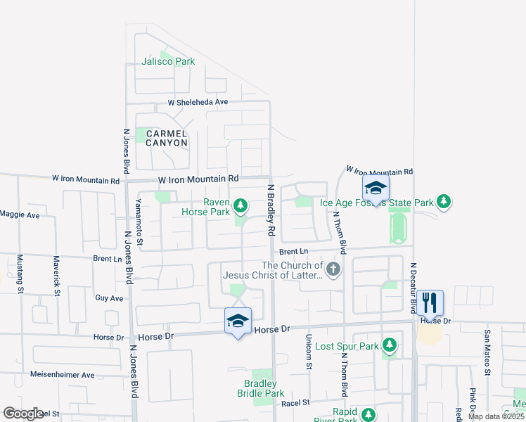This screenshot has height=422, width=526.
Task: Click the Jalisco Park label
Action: (168, 61)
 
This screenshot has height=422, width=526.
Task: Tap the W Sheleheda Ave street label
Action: (198, 102)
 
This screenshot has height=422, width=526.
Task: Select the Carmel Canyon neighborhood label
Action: (167, 138)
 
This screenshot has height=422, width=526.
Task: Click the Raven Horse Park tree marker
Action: (240, 205)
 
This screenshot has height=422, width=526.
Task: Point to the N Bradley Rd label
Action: (270, 210)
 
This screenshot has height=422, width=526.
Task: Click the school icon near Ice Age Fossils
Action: (376, 188)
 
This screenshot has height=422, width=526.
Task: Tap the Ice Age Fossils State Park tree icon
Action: (443, 203)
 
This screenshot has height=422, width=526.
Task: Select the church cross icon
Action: (333, 268)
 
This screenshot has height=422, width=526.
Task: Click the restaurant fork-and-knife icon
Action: (430, 302)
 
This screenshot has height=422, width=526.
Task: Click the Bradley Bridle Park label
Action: (264, 388)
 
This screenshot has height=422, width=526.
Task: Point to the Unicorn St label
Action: (309, 351)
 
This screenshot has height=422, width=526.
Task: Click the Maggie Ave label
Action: (20, 215)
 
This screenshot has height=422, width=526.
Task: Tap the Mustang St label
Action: (20, 274)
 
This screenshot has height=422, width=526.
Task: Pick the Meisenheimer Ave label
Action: (62, 375)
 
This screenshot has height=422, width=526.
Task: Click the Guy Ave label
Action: (109, 298)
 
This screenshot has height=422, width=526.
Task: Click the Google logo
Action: (23, 414)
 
